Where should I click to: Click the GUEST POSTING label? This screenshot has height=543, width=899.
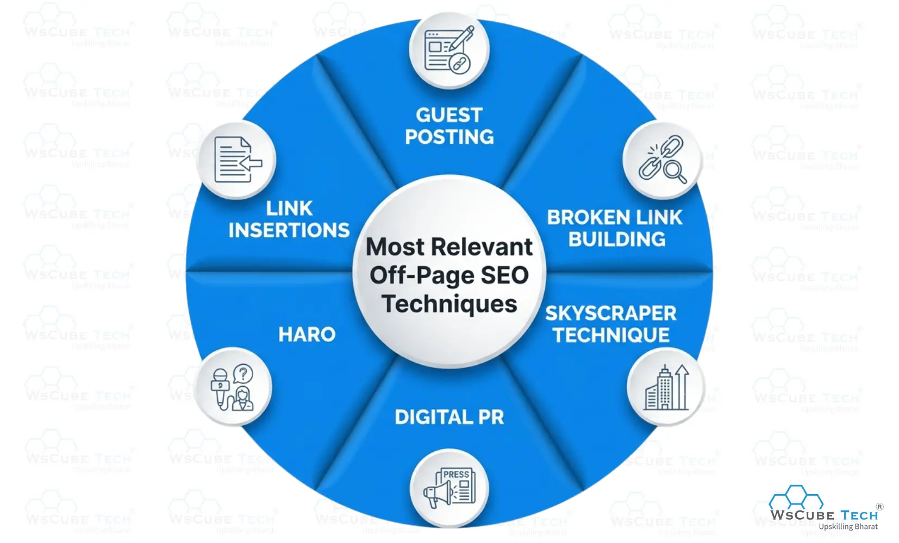pyautogui.click(x=449, y=126)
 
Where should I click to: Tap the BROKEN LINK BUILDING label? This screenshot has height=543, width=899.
pyautogui.click(x=615, y=228)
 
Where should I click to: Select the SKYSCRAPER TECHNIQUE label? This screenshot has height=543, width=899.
pyautogui.click(x=611, y=324)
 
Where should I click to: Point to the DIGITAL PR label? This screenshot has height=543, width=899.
pyautogui.click(x=449, y=417)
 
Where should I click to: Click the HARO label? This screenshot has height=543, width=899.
pyautogui.click(x=307, y=334)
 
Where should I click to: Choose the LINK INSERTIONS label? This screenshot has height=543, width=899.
pyautogui.click(x=289, y=219)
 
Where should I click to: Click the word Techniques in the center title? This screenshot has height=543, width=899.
pyautogui.click(x=449, y=304)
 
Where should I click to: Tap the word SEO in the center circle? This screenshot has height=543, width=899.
pyautogui.click(x=504, y=275)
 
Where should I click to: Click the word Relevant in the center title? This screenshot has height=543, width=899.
pyautogui.click(x=482, y=247)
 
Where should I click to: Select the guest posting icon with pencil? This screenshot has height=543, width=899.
pyautogui.click(x=449, y=49)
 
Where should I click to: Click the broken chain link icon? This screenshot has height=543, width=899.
pyautogui.click(x=661, y=159)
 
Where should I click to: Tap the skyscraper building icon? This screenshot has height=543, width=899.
pyautogui.click(x=666, y=387)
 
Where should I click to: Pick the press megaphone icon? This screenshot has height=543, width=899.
pyautogui.click(x=449, y=488)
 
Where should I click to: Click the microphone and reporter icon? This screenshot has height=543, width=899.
pyautogui.click(x=232, y=387)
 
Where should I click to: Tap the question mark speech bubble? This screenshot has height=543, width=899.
pyautogui.click(x=243, y=374)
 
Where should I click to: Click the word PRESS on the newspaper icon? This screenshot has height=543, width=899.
pyautogui.click(x=456, y=475)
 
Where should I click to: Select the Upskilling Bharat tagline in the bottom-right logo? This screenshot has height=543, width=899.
pyautogui.click(x=848, y=527)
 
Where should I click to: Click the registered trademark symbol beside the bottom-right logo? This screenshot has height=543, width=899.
pyautogui.click(x=879, y=507)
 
